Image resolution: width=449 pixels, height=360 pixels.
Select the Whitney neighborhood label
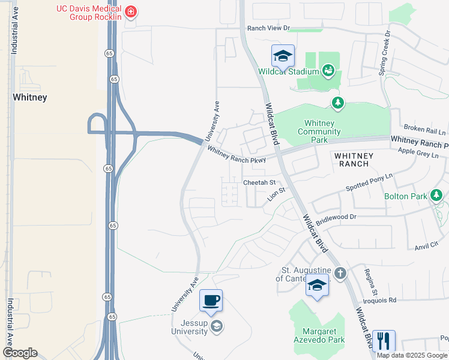coord(30,97)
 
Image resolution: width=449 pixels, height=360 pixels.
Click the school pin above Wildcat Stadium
coord(283,56)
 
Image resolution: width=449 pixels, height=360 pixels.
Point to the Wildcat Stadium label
coord(288,72)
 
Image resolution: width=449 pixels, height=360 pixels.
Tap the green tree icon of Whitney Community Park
coord(339,103)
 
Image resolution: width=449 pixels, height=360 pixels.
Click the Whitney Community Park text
coord(319,131)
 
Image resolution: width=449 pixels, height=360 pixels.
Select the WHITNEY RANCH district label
coord(354,160)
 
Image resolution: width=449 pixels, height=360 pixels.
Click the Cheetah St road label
coord(259,182)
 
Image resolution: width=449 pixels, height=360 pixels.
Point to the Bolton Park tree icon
coord(436,195)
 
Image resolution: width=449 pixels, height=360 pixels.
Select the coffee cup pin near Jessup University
coord(211,300)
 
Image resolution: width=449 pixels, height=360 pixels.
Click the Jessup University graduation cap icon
coord(217,326)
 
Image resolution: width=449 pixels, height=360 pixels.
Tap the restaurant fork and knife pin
coord(383,341)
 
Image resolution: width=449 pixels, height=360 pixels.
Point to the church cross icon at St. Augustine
coord(340,274)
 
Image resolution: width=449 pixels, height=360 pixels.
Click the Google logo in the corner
coord(20,353)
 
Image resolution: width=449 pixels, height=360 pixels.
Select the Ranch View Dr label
coord(268,28)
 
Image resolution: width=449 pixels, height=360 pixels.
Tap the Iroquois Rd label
coord(379,300)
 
